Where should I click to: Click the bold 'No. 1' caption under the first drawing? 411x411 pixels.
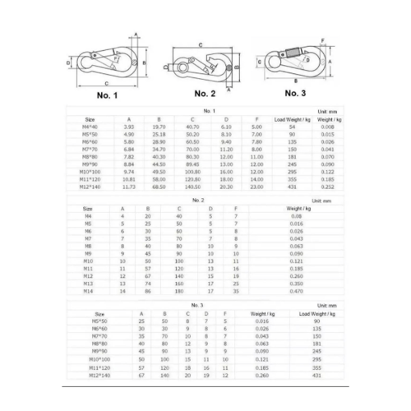click(x=107, y=95)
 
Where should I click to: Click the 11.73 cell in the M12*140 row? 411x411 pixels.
click(x=129, y=187)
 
